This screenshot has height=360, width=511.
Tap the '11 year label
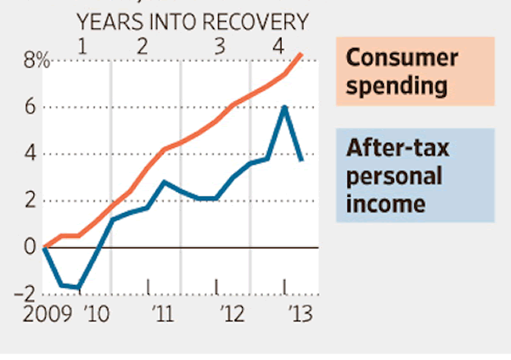click(x=162, y=314)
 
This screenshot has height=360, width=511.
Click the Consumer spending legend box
click(x=415, y=72)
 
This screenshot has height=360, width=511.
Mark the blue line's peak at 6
click(x=284, y=107)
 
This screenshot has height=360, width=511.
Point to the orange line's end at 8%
click(x=302, y=54)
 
